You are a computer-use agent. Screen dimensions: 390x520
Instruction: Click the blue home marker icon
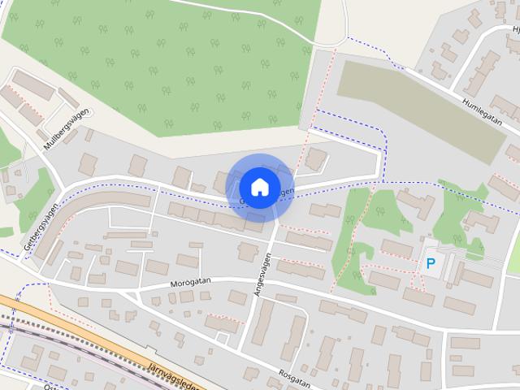[258, 187]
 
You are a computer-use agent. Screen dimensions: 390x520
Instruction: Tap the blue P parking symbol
[431, 264]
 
